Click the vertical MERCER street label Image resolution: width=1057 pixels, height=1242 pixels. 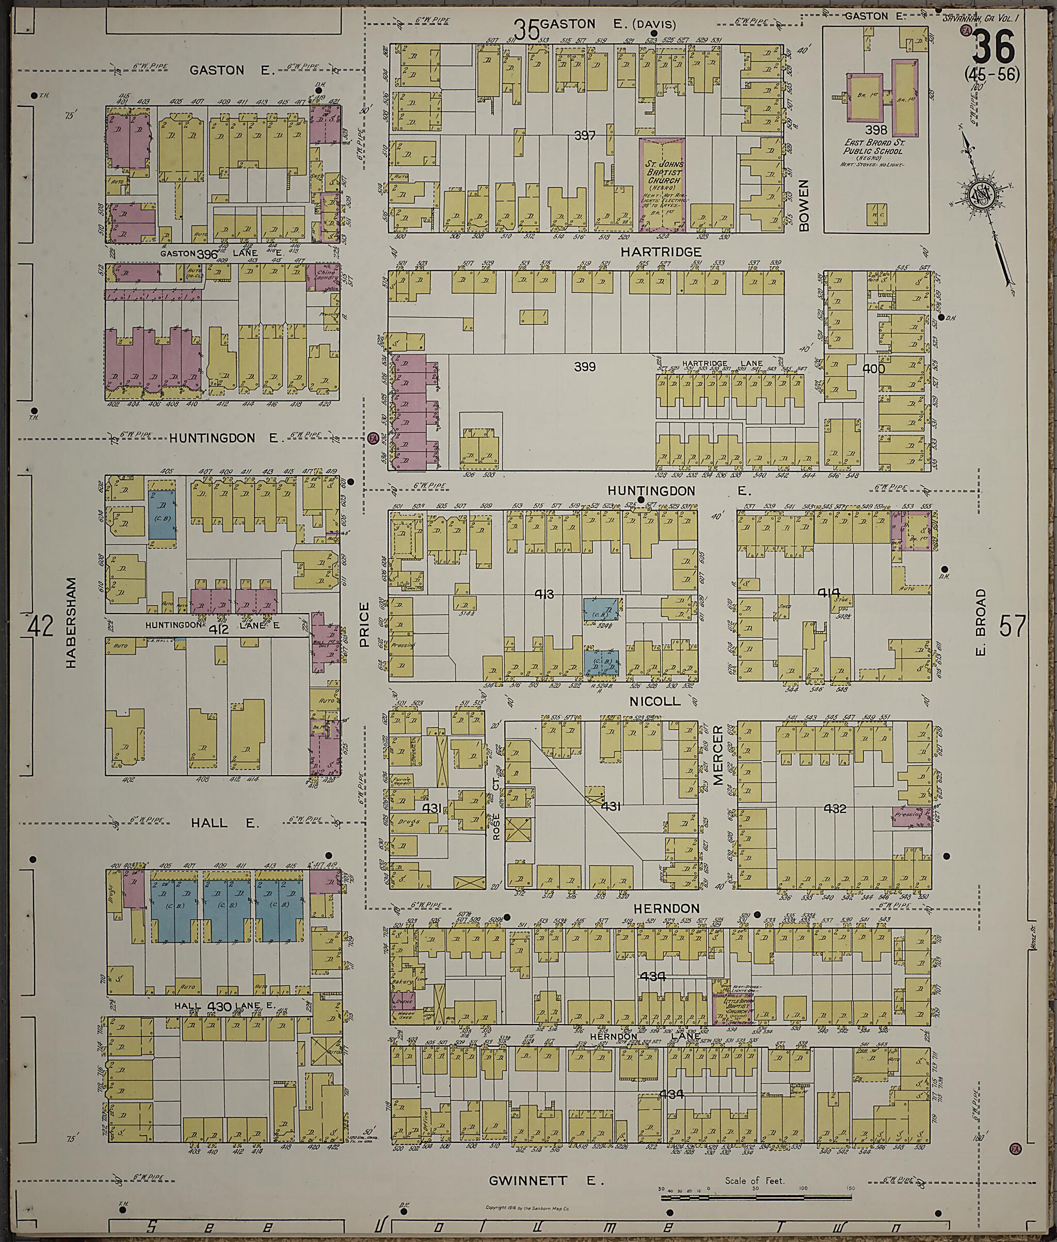(718, 754)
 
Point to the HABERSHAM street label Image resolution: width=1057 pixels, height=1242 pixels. (72, 623)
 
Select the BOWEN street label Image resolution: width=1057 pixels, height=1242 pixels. (804, 205)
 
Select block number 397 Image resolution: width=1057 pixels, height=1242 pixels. (584, 136)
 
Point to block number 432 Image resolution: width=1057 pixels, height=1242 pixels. (834, 809)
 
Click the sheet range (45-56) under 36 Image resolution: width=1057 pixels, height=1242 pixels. (991, 74)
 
